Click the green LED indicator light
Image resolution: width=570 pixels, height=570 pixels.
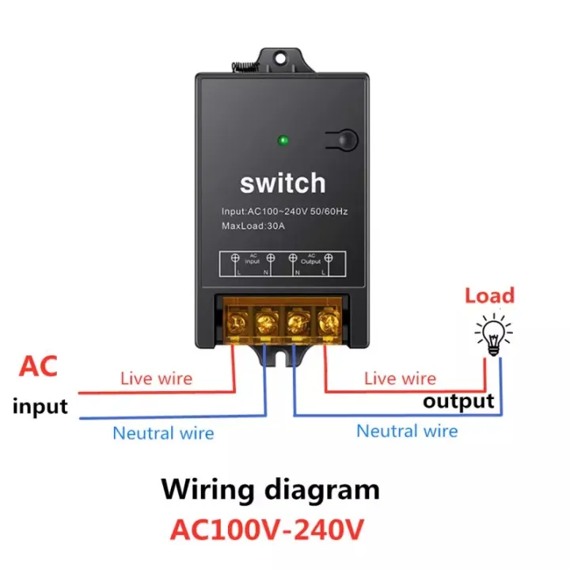283,142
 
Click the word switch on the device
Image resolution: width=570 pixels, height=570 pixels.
283,183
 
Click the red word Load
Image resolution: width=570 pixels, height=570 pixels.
489,297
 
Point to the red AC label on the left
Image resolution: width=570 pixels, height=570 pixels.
38,367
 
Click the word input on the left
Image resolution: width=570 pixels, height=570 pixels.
40,408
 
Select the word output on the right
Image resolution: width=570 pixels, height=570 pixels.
458,401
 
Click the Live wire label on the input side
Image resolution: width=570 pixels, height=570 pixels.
156,378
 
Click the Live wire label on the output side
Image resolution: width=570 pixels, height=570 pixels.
400,378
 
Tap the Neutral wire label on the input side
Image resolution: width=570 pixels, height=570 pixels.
163,433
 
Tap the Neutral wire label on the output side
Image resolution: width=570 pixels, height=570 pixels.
407,431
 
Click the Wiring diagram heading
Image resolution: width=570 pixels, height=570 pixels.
271,489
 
